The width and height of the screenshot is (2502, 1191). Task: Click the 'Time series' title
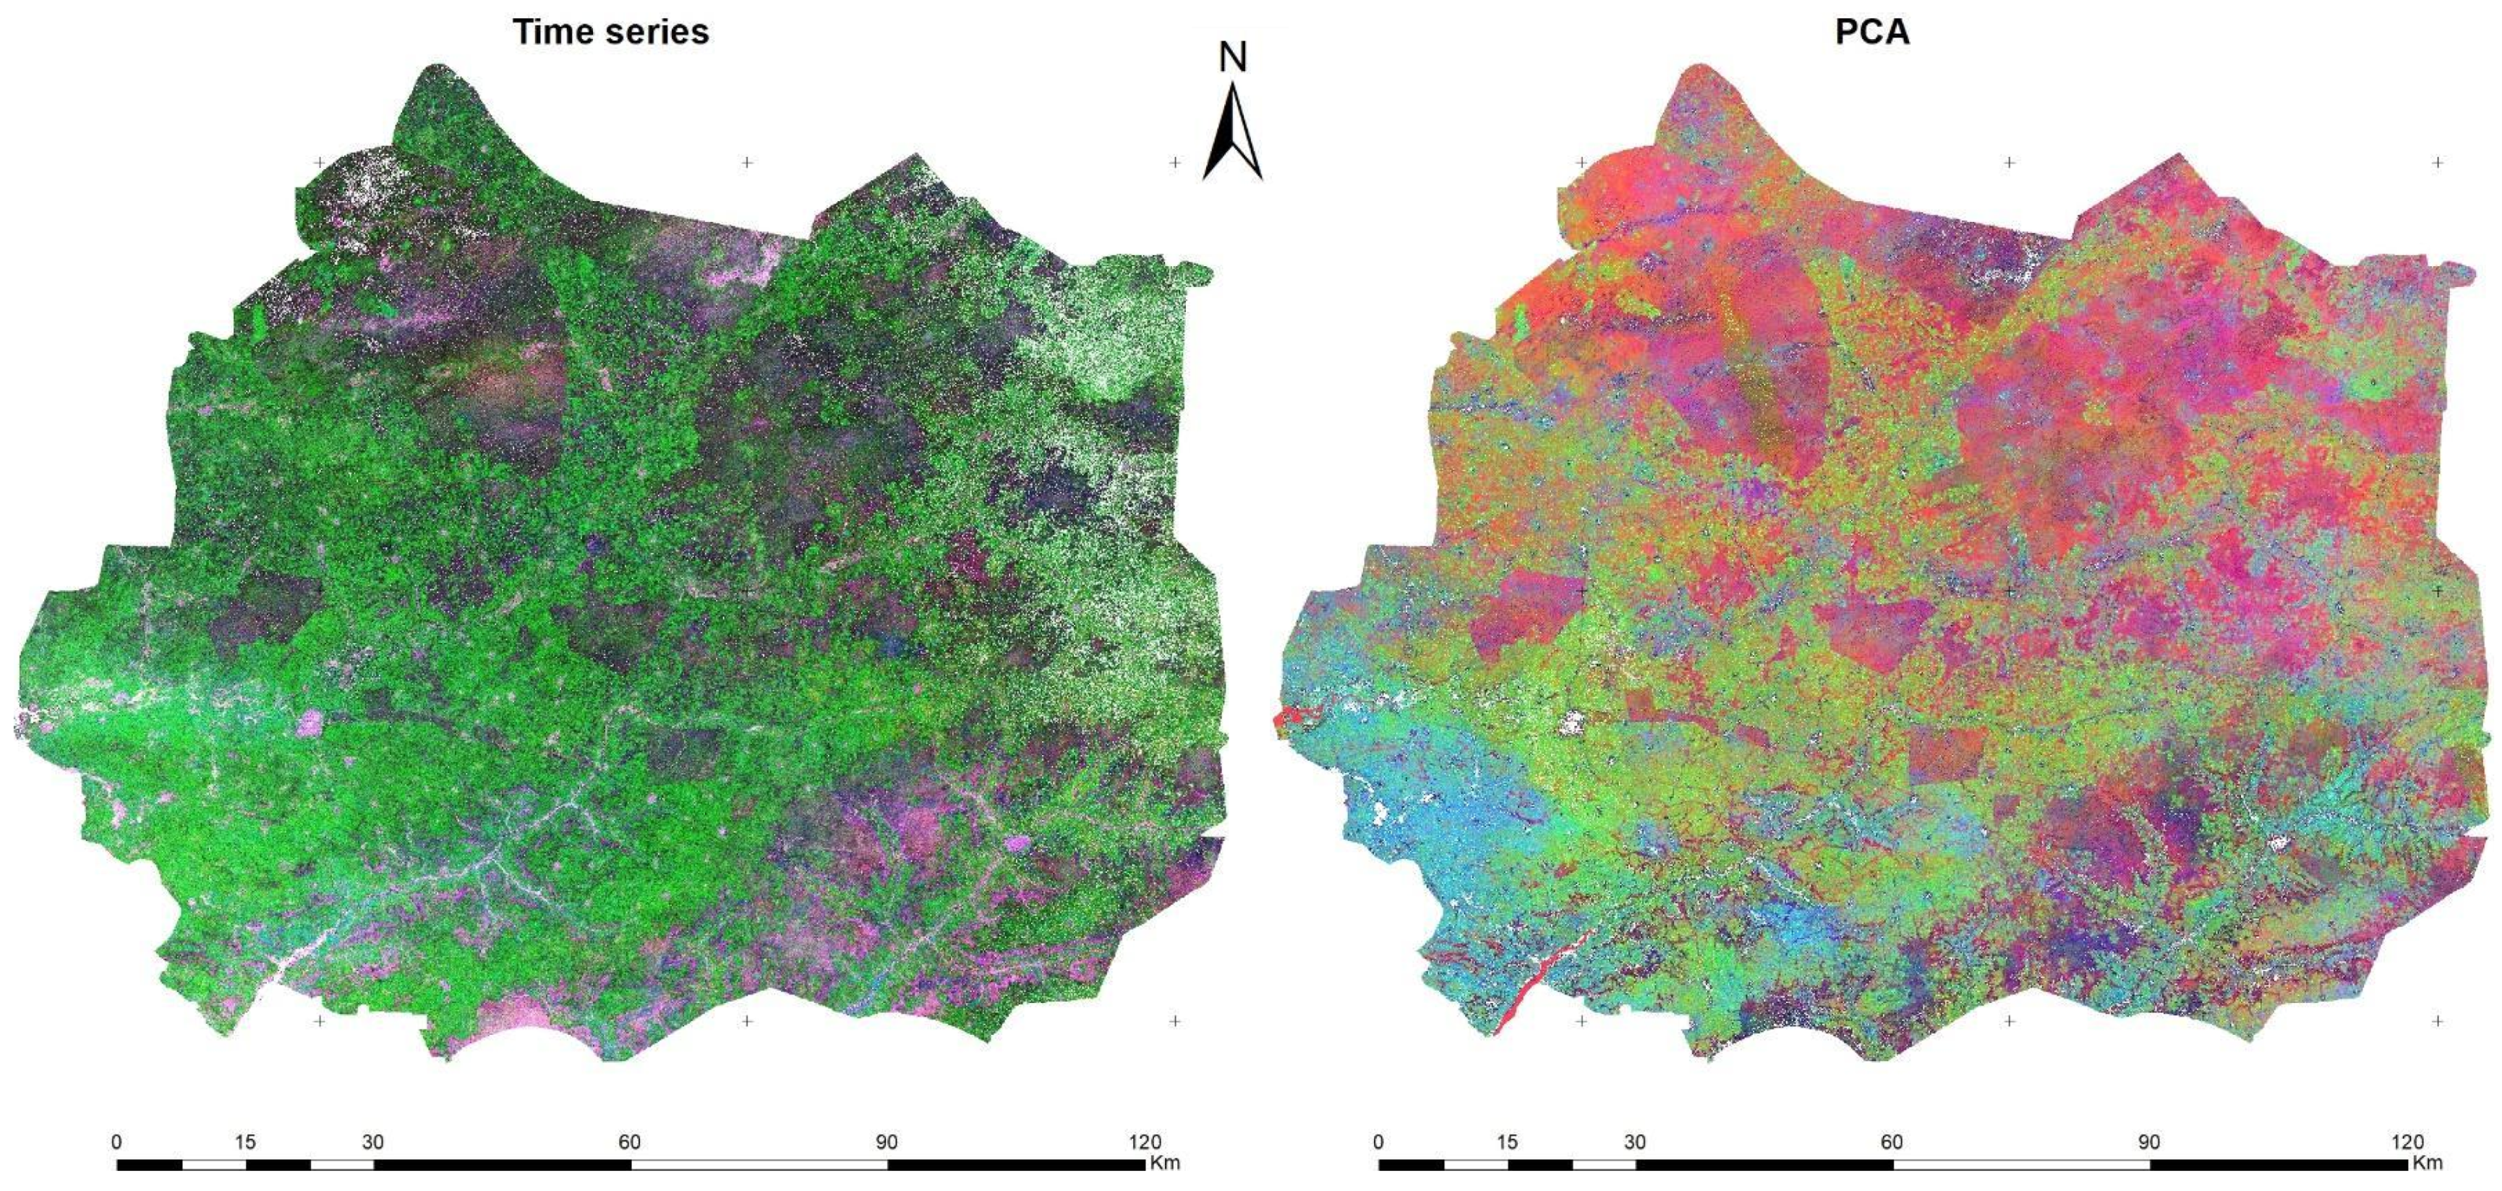pyautogui.click(x=611, y=32)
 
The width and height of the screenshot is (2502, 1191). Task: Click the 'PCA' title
pyautogui.click(x=1871, y=32)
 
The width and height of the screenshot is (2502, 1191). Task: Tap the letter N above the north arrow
pyautogui.click(x=1232, y=59)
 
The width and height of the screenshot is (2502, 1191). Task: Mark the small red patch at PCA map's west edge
pyautogui.click(x=1289, y=719)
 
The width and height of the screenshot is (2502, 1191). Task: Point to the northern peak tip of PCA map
pyautogui.click(x=1695, y=68)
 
